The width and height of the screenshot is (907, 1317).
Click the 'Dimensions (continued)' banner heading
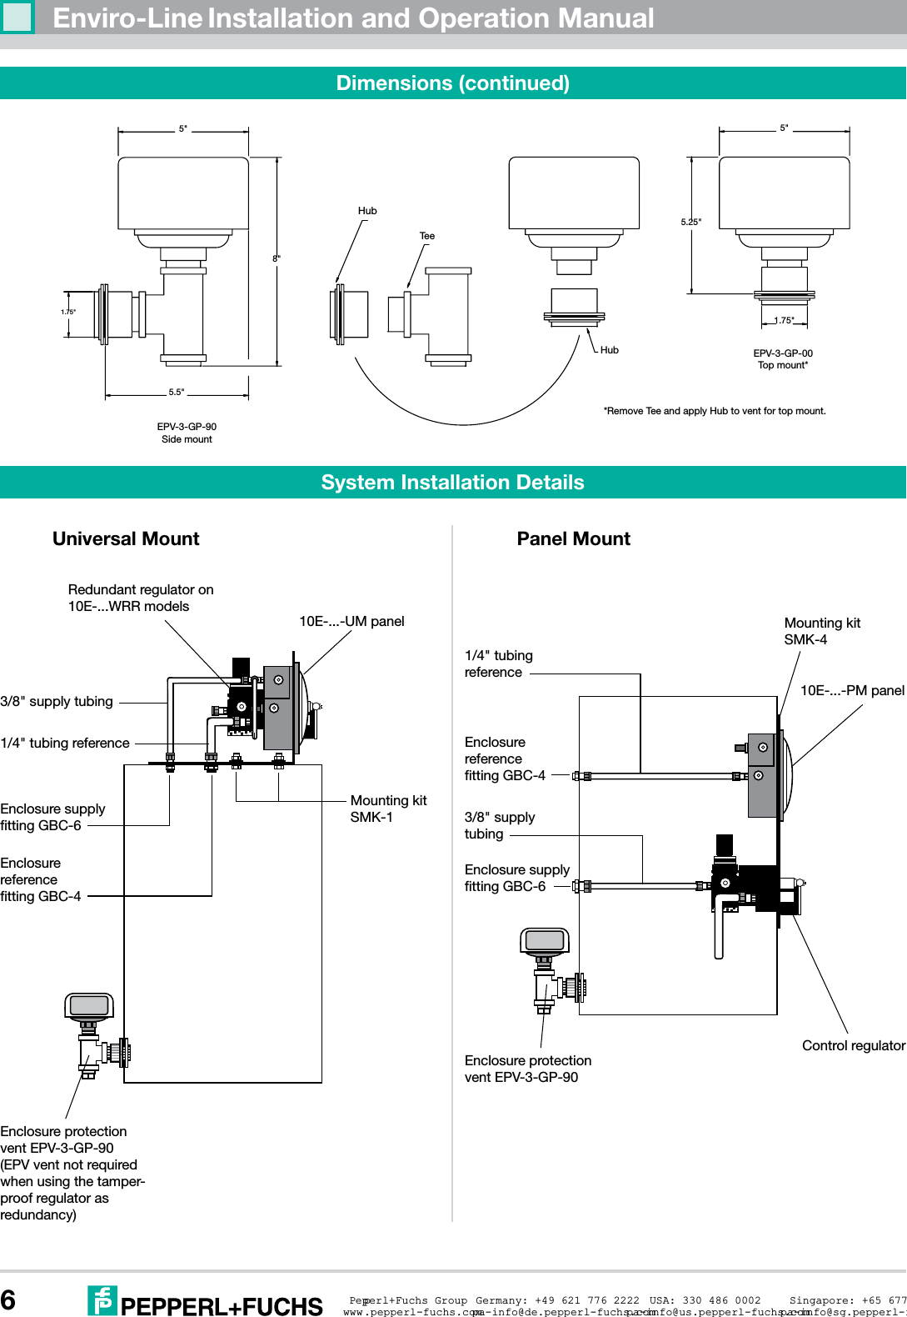point(452,83)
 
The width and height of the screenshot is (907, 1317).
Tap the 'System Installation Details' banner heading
point(452,483)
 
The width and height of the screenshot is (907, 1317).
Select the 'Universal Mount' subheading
point(126,539)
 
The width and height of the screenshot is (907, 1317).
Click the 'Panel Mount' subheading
point(573,539)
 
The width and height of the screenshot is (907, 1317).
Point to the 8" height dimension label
point(276,259)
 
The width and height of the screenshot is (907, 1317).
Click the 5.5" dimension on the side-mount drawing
point(177,392)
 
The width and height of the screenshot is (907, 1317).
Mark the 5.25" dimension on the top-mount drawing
point(690,222)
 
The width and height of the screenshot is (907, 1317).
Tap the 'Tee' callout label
point(426,236)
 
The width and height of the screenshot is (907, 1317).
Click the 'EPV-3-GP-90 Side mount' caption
point(187,433)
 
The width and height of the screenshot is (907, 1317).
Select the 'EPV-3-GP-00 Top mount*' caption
point(783,359)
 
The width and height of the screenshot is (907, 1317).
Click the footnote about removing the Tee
point(715,411)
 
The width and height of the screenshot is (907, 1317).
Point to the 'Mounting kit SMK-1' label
point(388,809)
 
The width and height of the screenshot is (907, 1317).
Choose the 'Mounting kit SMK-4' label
point(821,631)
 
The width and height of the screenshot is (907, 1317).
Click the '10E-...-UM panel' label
point(351,622)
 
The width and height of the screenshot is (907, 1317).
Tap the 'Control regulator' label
point(853,1046)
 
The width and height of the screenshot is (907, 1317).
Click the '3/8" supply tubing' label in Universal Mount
point(57,702)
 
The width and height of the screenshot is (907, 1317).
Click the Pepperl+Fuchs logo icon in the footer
point(102,1300)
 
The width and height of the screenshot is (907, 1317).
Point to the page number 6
point(8,1300)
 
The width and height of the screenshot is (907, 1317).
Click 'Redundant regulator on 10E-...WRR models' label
point(141,598)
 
